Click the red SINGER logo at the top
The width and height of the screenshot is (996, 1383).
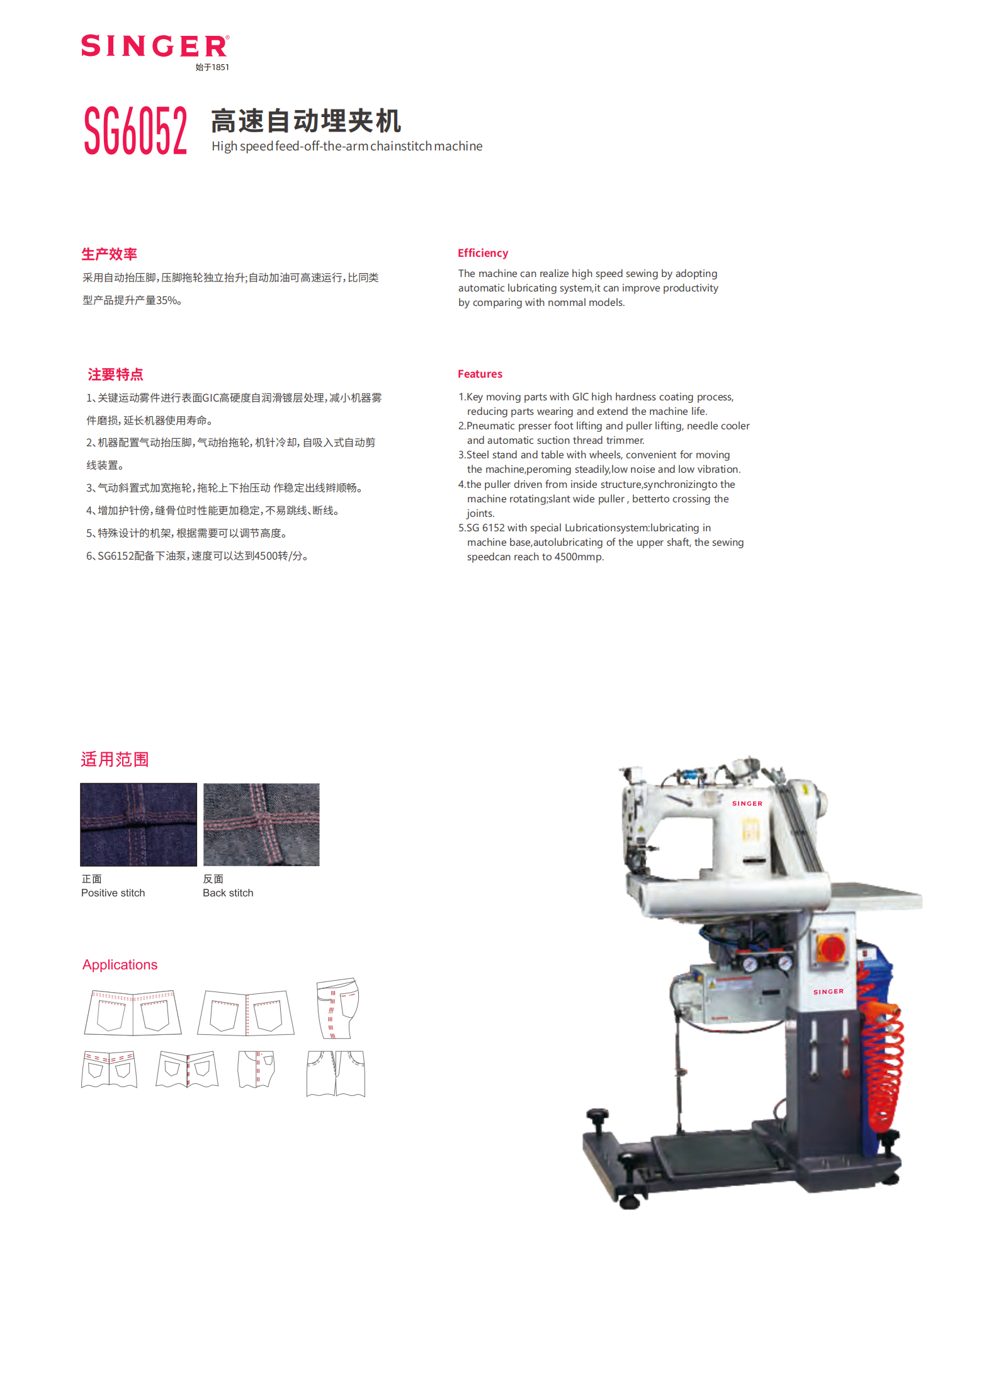pos(154,46)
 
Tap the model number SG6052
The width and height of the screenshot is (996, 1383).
pos(135,130)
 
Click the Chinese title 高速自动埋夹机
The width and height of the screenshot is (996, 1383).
pos(306,121)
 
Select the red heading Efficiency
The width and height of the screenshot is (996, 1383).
pos(482,253)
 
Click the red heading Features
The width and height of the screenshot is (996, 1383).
pos(480,374)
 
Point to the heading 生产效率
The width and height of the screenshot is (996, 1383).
pos(109,254)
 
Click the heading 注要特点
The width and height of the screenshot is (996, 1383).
pos(115,375)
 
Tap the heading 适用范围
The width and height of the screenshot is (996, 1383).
pos(115,759)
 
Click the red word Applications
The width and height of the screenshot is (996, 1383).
pos(120,964)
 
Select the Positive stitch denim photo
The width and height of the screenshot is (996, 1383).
pos(139,824)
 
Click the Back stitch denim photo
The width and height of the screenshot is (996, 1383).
pos(261,824)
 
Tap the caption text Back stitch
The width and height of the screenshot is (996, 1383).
pos(228,893)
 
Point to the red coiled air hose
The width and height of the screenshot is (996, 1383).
pos(883,1064)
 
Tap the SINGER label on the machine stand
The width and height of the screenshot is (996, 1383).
pos(828,991)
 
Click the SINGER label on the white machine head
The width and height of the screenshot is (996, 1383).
pos(747,803)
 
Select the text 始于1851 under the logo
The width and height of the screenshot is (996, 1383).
pos(212,67)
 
